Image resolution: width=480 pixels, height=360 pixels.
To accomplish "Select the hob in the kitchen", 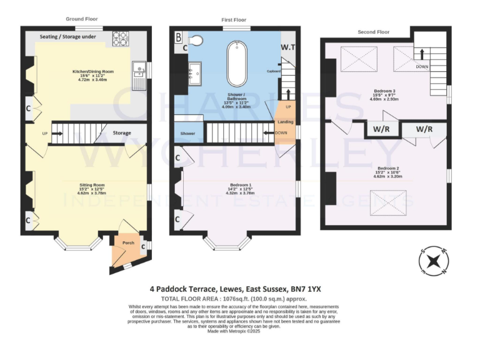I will coord(119,39).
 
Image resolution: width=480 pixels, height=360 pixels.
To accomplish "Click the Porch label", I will coord(127,242).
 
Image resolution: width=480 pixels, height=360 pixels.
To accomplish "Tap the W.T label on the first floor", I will coord(287,47).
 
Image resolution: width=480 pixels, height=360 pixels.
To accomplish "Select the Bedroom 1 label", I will coord(240,184).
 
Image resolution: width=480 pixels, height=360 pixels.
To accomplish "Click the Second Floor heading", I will coord(374,32).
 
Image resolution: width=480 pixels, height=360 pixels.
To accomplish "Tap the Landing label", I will coord(285,122).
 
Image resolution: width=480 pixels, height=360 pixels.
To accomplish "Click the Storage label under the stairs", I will coord(122,133).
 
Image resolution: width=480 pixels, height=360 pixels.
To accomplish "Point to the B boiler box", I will coord(178,37).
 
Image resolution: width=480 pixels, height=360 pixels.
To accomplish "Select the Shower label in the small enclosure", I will coord(187,134).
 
